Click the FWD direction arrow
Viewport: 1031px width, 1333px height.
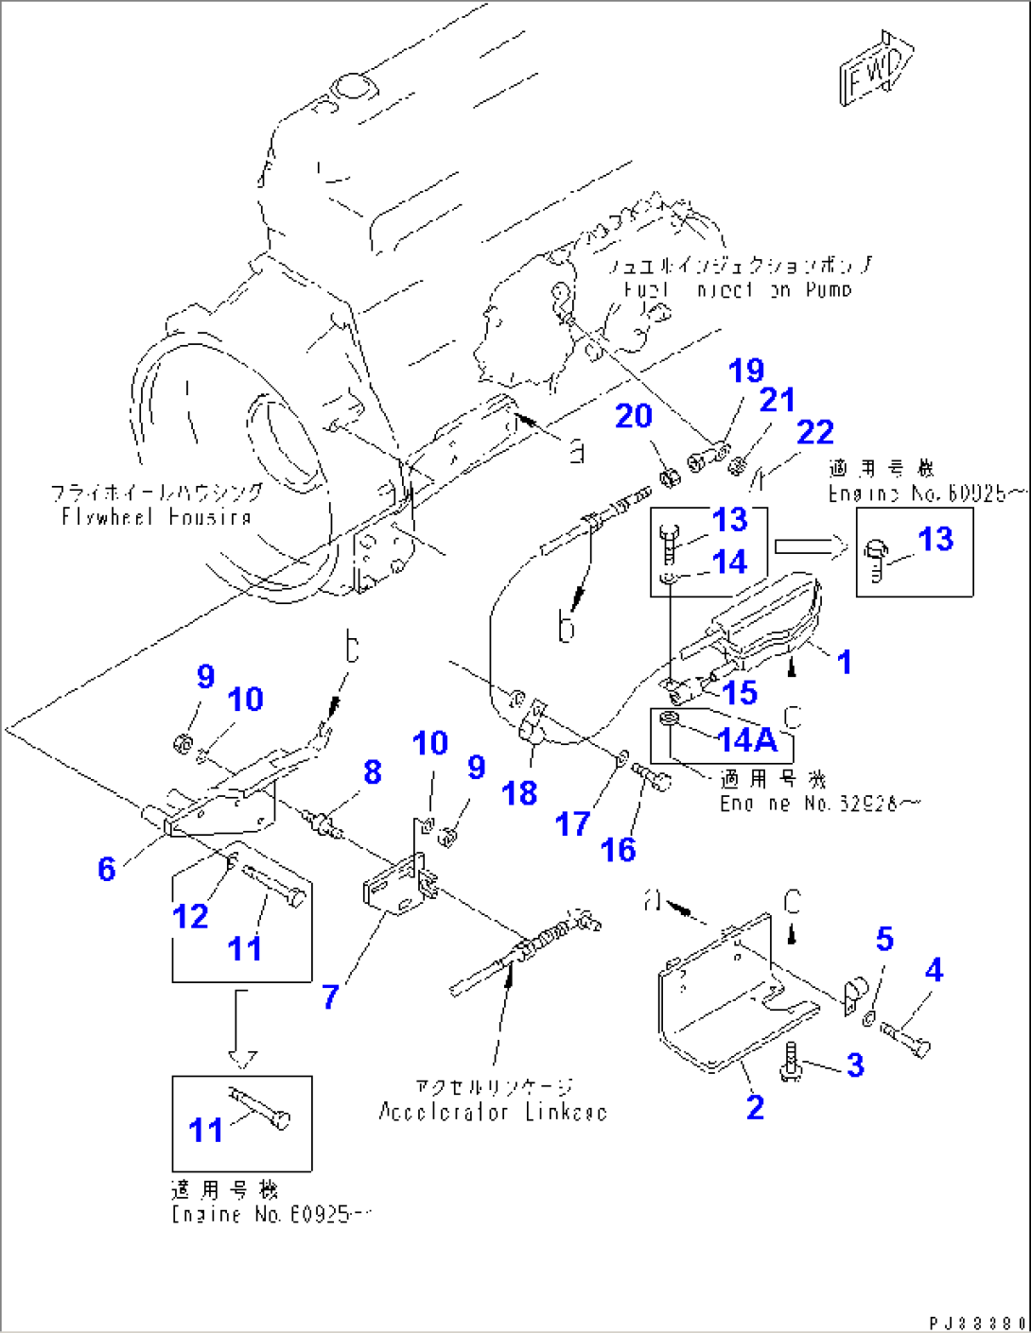click(875, 71)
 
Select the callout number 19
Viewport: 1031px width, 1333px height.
click(745, 371)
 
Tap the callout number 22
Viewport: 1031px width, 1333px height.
click(814, 432)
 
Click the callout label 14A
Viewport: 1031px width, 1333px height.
click(746, 740)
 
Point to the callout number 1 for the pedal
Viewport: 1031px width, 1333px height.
click(845, 662)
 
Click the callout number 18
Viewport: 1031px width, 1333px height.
click(519, 793)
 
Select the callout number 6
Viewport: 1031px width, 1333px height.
click(107, 869)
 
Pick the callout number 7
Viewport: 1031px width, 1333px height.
click(330, 996)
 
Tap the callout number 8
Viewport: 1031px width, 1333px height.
click(373, 772)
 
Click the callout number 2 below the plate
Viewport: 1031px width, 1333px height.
click(755, 1106)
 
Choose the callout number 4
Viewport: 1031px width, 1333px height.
click(934, 970)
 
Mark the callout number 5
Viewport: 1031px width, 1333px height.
click(884, 939)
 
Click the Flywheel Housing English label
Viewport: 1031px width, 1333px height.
click(156, 517)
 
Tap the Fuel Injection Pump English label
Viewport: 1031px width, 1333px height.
click(737, 289)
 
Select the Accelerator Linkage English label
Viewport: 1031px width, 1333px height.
click(492, 1112)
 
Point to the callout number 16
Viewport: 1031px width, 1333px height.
click(618, 850)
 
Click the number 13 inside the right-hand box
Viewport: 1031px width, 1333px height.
click(935, 539)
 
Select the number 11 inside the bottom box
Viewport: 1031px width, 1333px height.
click(205, 1130)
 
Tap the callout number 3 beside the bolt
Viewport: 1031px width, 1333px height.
click(855, 1065)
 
